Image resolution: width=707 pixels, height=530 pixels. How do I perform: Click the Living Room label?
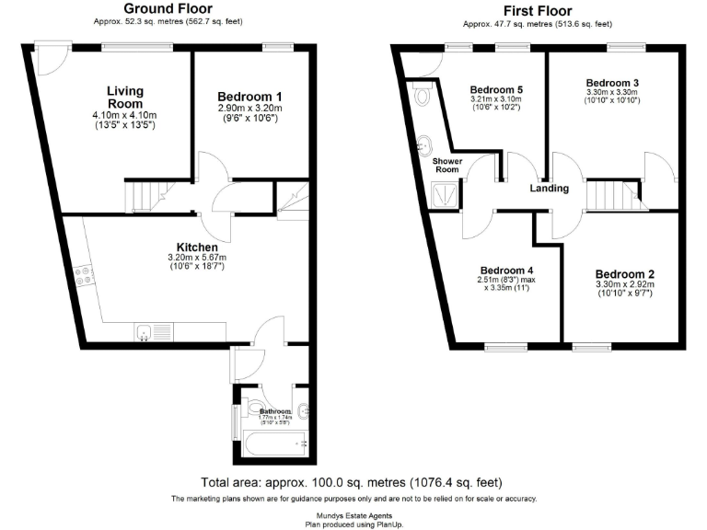[x=124, y=97]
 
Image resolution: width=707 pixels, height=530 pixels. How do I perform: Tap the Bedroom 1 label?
[x=249, y=97]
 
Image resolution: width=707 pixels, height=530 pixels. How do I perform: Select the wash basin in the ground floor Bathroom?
[x=303, y=411]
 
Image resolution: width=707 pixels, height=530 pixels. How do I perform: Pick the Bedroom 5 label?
[x=496, y=89]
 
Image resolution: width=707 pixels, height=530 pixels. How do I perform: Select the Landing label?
[x=550, y=189]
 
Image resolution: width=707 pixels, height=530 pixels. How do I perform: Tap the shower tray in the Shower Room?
[x=445, y=191]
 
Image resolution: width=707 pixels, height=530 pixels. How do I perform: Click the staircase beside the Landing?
[x=608, y=196]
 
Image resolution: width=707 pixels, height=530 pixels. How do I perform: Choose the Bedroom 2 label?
[x=624, y=274]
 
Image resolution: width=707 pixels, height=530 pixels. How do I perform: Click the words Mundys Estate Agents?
[x=353, y=515]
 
